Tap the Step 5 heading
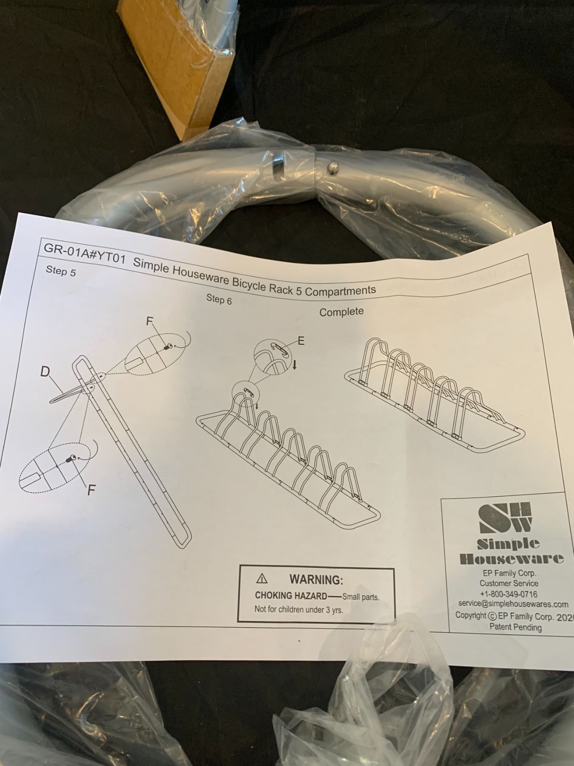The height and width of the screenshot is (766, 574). point(61,272)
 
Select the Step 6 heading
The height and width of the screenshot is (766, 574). point(219,299)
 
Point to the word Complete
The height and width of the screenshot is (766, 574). point(341,312)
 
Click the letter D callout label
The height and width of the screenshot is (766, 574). point(45,372)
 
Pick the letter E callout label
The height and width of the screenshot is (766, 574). point(301,340)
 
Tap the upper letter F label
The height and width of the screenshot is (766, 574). point(149,321)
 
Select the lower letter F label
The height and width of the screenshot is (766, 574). point(91,490)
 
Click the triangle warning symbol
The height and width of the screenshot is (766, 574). point(262,579)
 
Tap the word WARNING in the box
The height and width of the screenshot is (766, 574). point(316,580)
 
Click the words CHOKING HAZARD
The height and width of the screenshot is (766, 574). point(291,596)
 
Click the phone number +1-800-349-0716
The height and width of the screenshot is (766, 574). point(509,594)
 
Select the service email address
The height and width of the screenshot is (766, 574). point(513,604)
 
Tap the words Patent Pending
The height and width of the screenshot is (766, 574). point(515,627)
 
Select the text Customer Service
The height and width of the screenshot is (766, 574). point(509,583)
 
